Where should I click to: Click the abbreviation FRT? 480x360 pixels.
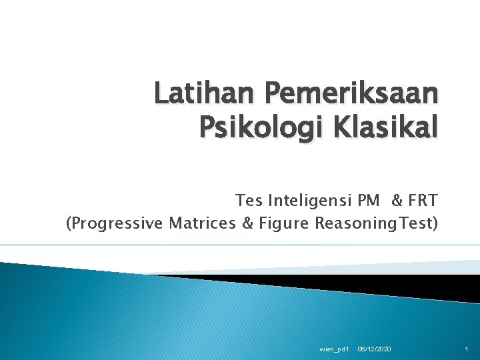coord(422,200)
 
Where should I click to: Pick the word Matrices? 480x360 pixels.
coord(202,223)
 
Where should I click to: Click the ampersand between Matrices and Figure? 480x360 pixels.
coord(247,223)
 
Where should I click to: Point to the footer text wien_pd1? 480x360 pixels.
coord(335,349)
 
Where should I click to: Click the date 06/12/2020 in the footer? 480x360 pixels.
coord(375,349)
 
